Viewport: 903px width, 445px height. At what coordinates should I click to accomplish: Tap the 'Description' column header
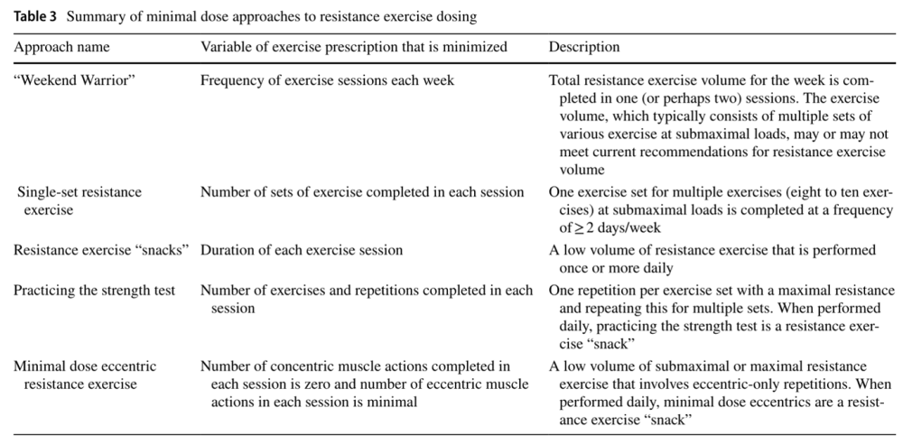[584, 47]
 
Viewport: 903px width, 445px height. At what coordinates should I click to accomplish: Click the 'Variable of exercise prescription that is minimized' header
[353, 47]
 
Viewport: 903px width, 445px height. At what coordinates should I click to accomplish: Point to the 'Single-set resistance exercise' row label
[79, 200]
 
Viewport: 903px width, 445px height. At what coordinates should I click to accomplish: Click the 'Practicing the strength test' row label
[95, 291]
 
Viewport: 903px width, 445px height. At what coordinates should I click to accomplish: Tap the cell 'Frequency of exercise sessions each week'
[327, 80]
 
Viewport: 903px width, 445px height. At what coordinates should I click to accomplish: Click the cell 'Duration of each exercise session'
[302, 250]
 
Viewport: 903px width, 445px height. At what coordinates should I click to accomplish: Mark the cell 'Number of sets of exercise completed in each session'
[362, 192]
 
